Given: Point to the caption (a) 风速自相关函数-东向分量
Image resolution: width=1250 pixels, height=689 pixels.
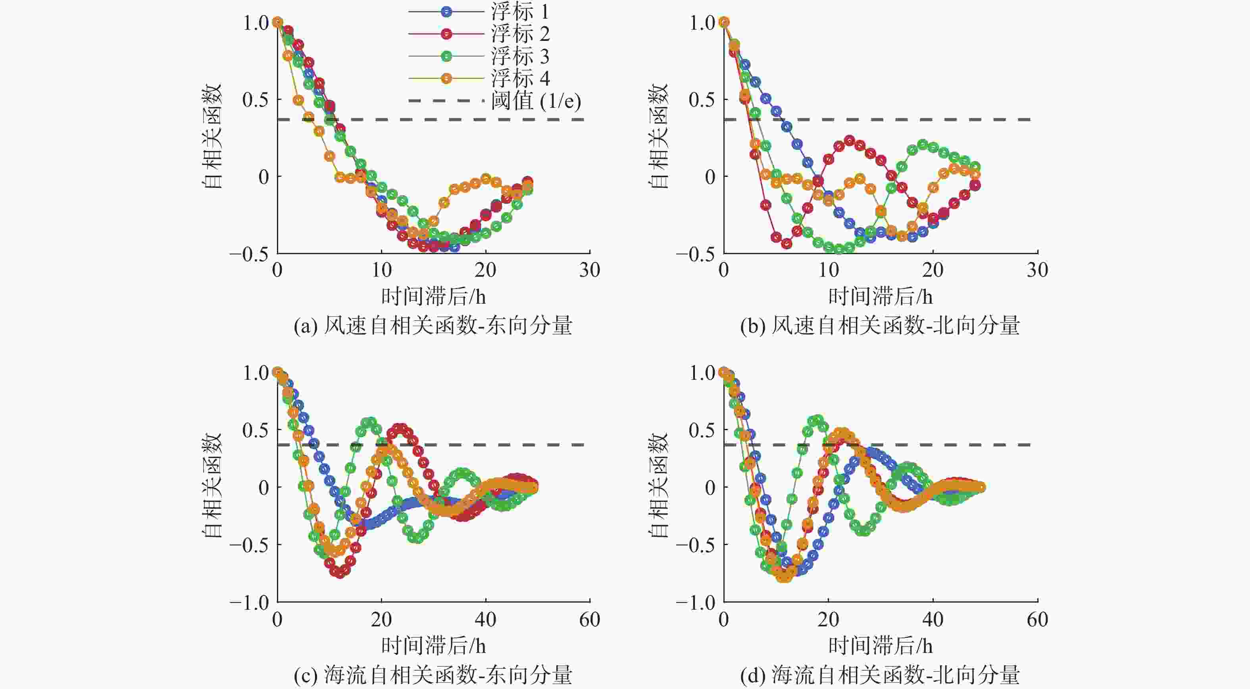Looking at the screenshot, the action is (x=433, y=325).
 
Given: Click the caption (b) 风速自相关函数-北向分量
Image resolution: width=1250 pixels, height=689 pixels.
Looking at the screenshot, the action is (x=880, y=325).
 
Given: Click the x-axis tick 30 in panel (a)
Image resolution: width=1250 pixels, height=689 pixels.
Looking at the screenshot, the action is (x=590, y=270).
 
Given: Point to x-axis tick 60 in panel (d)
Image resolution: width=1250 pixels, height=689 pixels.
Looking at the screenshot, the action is (x=1037, y=620).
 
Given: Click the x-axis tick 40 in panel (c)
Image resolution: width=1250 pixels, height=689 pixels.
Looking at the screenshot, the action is (x=485, y=620).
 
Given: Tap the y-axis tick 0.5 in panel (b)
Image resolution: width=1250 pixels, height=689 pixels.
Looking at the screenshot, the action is (x=702, y=100).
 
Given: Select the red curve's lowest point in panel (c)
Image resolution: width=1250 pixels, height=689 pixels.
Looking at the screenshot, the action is (x=340, y=572).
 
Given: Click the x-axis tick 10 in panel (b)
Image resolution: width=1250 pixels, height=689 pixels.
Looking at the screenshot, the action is (x=828, y=270).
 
